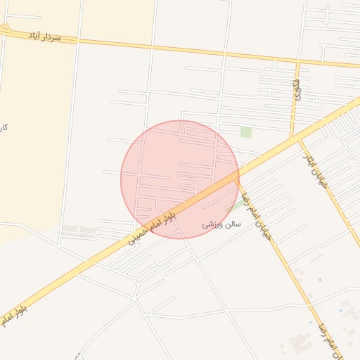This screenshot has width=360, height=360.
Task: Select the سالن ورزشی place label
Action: (221, 224)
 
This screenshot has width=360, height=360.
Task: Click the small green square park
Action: (246, 131)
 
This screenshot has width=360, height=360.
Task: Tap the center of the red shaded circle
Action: (180, 179)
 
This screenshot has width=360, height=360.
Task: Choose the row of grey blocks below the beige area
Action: (79, 231)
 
